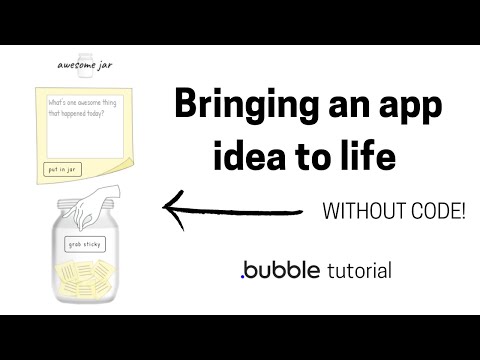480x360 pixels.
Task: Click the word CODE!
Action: click(436, 211)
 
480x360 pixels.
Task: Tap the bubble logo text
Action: click(281, 269)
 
